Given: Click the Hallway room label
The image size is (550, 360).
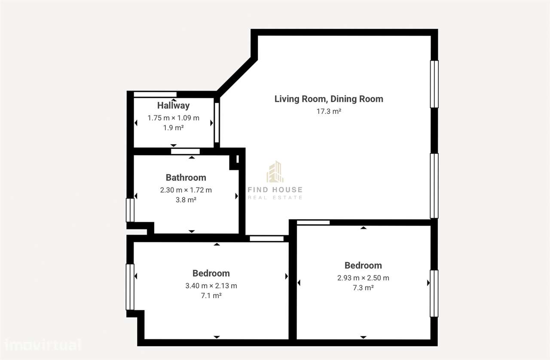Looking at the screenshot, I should click(x=173, y=105).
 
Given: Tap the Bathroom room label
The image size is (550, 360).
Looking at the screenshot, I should click(x=186, y=177).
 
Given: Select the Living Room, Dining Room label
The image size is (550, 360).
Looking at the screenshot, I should click(x=329, y=99).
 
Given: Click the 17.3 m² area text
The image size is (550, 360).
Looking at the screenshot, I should click(x=329, y=111).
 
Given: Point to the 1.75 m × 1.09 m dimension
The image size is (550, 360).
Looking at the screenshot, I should click(x=173, y=118).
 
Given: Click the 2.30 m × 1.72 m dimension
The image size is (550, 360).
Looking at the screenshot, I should click(x=186, y=190).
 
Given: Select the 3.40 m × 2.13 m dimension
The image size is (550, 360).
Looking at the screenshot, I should click(x=211, y=286).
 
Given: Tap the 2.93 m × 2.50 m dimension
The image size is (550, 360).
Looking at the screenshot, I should click(x=363, y=278).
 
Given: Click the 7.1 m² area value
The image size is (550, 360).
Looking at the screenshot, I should click(x=211, y=296).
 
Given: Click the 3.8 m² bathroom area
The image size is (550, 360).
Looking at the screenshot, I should click(x=186, y=200).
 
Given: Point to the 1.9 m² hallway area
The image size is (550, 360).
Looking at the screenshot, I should click(x=173, y=128).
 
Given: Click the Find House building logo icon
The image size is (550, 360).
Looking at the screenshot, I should click(x=275, y=172).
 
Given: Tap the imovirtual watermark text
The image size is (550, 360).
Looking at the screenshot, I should click(x=42, y=345).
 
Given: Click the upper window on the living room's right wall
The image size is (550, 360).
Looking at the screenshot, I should click(x=434, y=84).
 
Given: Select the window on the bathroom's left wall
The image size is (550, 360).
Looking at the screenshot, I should click(x=130, y=210).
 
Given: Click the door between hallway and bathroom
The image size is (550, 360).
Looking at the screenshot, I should click(x=185, y=151).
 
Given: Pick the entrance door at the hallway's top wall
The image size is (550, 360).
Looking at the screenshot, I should click(x=155, y=94).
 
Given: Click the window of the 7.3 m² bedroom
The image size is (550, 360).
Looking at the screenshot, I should click(x=434, y=293).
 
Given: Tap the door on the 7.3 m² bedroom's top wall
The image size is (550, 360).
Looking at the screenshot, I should click(x=313, y=223).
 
